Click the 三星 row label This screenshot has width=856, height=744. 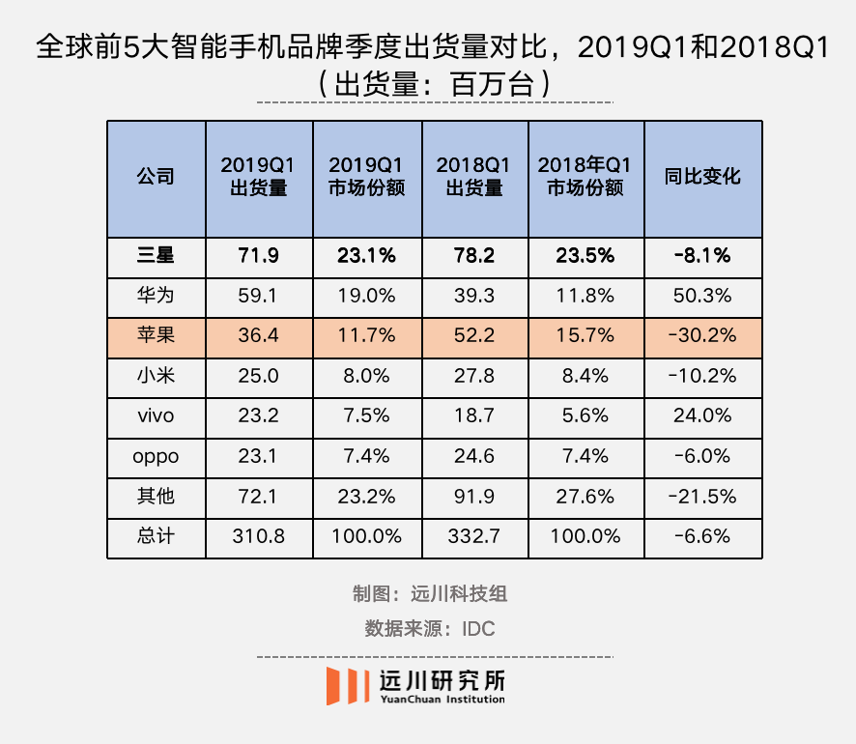point(156,256)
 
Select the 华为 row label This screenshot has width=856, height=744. point(156,296)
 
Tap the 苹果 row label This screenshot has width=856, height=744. point(156,336)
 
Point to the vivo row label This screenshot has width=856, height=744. point(156,415)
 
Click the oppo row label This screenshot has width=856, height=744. point(156,456)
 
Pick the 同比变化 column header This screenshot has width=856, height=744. point(702,177)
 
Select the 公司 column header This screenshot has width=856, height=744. point(156,177)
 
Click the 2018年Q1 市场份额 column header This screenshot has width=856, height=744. point(585,177)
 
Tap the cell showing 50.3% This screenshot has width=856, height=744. point(702,296)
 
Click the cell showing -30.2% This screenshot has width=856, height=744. point(702,336)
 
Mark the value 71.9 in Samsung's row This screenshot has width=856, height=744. point(258,256)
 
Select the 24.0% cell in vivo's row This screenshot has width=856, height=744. point(702,415)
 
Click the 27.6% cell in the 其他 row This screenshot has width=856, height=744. point(585,496)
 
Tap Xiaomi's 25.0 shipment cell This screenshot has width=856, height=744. point(258,376)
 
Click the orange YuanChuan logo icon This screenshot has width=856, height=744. point(347,685)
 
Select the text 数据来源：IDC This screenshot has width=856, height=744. point(429,628)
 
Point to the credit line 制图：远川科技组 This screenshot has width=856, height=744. point(429,593)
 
